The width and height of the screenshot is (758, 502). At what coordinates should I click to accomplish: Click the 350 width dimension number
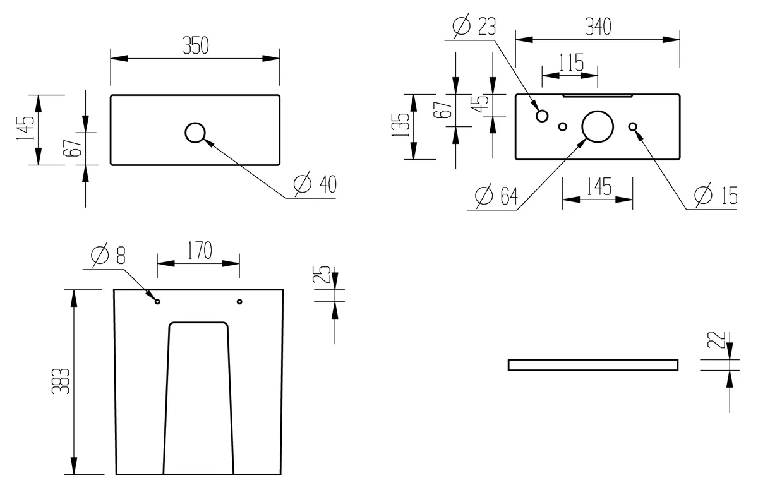coord(195,45)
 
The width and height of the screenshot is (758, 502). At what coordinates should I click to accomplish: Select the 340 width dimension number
coord(598,27)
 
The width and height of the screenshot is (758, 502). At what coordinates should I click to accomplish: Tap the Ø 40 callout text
coord(315,184)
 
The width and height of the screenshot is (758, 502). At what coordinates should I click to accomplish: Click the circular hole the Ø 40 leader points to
coord(195,133)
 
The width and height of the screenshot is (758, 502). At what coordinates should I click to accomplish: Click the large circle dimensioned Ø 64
coord(597,126)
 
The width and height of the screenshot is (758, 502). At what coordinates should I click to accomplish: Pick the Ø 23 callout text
coord(474,27)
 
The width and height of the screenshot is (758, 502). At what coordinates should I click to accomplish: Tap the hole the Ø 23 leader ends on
coord(542,116)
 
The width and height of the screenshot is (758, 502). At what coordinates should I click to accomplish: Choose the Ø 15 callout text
coord(715,196)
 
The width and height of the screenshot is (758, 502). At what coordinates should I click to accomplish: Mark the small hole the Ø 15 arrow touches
coord(632,127)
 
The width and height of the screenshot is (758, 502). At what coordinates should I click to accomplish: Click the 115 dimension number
coord(570,63)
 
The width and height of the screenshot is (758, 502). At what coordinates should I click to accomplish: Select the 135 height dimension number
coord(400,126)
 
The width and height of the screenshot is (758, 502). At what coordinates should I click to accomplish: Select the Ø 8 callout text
coord(108,254)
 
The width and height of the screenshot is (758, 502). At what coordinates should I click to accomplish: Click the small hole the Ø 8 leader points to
coord(157,301)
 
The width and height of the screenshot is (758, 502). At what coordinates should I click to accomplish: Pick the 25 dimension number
coord(322,275)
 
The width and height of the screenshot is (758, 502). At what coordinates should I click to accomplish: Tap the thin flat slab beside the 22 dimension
coord(593,365)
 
